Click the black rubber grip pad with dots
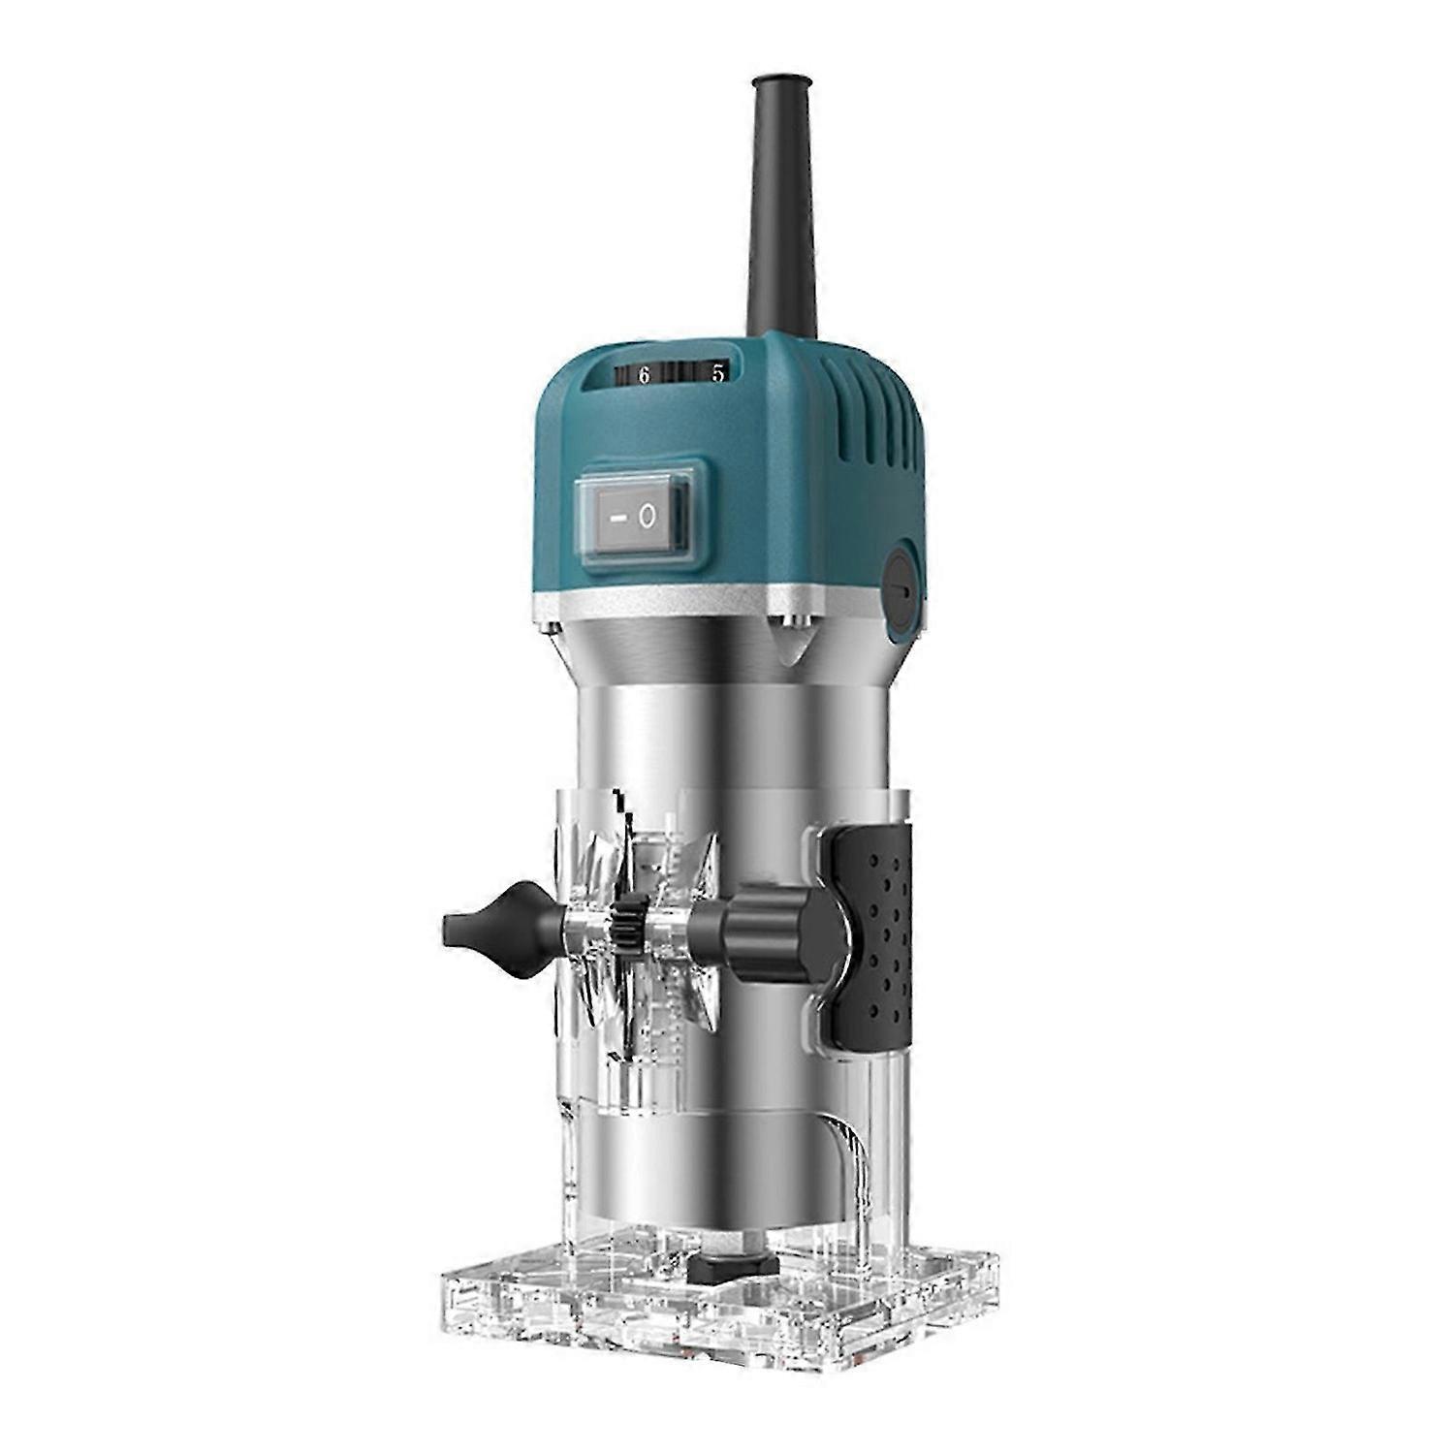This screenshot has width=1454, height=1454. pos(872,935)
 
